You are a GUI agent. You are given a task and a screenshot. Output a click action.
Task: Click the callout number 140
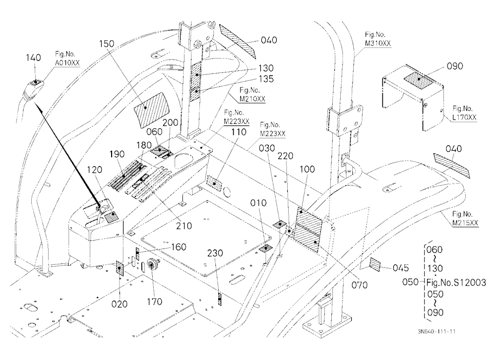(33, 58)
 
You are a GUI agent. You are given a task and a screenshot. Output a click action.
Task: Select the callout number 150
(107, 44)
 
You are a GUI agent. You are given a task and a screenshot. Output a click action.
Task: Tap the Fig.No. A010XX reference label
(67, 59)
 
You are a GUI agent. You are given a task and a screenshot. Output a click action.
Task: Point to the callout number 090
(455, 66)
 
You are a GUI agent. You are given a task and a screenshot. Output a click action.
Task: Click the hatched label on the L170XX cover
(419, 79)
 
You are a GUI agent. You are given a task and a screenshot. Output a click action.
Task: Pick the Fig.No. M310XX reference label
(377, 39)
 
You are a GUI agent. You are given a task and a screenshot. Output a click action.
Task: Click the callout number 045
(401, 268)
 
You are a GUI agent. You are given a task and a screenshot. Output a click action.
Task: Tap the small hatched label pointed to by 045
(375, 264)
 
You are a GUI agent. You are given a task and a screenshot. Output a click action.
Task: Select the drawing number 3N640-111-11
(436, 332)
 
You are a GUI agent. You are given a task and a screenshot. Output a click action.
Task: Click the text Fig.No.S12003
(456, 282)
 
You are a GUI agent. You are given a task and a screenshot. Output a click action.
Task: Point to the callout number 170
(154, 302)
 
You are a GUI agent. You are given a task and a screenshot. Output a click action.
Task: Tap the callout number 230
(215, 253)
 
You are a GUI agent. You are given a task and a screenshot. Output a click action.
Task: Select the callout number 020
(120, 304)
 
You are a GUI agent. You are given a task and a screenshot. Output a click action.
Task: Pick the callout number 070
(360, 285)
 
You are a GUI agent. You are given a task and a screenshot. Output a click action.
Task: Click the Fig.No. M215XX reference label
(465, 219)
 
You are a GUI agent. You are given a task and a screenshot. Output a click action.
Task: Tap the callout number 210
(184, 226)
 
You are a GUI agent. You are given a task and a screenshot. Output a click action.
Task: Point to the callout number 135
(266, 79)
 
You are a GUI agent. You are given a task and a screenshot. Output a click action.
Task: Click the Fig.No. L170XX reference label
(464, 113)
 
